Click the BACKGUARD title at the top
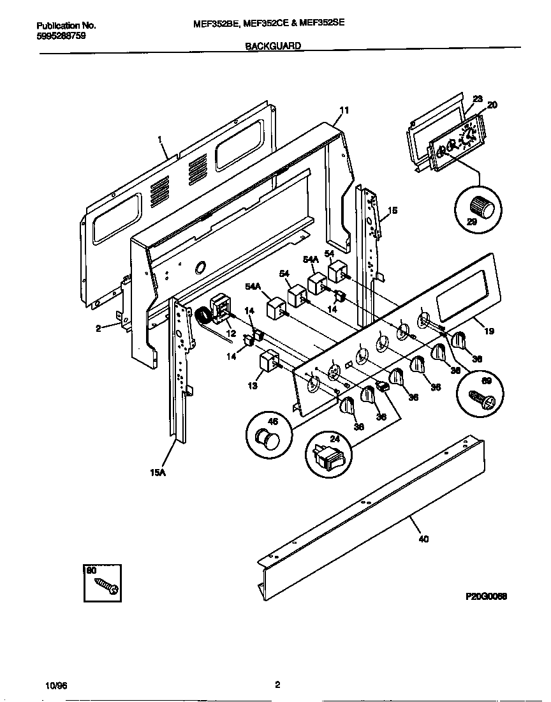[x=273, y=46]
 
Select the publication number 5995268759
[x=61, y=36]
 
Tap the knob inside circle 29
[x=479, y=207]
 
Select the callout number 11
[x=344, y=110]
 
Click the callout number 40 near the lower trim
[x=423, y=539]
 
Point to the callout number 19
[x=489, y=331]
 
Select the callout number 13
[x=253, y=385]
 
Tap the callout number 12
[x=230, y=333]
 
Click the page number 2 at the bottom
[x=277, y=685]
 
